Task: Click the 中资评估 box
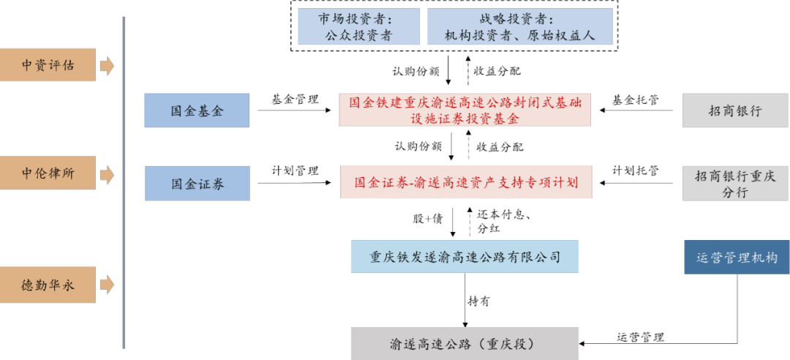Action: tap(48, 65)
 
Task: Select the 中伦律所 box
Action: tap(48, 173)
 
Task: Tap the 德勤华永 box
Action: tap(48, 285)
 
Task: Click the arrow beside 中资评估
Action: tap(107, 66)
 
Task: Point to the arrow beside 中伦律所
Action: tap(107, 175)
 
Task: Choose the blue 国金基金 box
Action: tap(197, 111)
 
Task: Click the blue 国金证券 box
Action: tap(197, 183)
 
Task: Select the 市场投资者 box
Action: tap(358, 27)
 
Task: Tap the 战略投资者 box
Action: tap(519, 27)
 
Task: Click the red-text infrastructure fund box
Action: tap(465, 110)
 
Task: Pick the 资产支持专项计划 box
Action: tap(466, 182)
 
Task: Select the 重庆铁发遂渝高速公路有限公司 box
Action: tap(465, 257)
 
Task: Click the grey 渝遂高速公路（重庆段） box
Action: tap(464, 343)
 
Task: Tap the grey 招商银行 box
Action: tap(735, 111)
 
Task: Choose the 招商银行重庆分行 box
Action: tap(735, 183)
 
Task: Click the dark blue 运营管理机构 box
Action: tap(737, 258)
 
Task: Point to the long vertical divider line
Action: tap(124, 183)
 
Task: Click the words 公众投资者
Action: tap(358, 35)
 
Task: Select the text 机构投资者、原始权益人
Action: tap(519, 35)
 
